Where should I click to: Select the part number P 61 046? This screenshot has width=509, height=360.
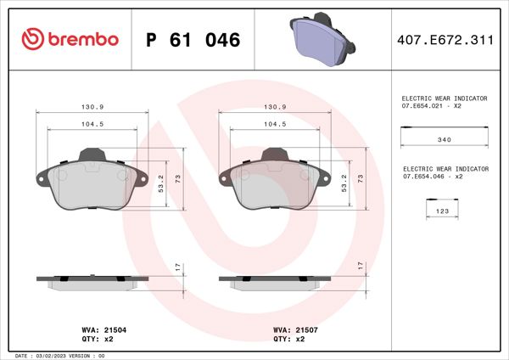[x=193, y=39]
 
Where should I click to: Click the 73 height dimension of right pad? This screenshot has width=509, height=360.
[x=361, y=178]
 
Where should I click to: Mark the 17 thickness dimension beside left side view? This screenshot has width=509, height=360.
[x=176, y=267]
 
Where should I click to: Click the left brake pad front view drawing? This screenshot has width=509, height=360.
[x=89, y=183]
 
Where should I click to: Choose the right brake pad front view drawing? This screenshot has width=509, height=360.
[x=273, y=183]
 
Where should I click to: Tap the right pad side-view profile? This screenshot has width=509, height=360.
[x=273, y=280]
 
